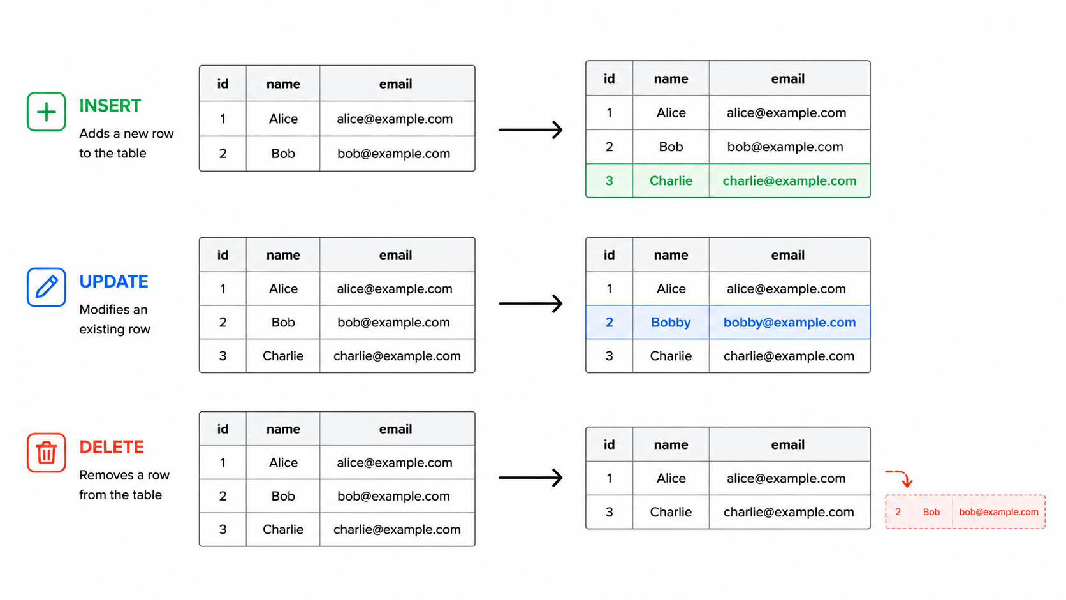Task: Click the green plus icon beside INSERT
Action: [46, 112]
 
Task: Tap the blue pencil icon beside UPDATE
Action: [46, 288]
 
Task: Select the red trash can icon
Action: [46, 453]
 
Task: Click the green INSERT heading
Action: [110, 106]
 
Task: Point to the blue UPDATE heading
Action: [113, 282]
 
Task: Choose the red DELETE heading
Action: [112, 447]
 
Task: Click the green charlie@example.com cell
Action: [789, 181]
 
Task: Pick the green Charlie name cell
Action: [671, 181]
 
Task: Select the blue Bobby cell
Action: [671, 323]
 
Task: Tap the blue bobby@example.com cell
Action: [789, 323]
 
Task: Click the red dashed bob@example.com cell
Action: [998, 512]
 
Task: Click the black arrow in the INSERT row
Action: [530, 130]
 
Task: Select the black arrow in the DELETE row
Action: [530, 478]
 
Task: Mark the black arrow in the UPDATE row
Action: [530, 304]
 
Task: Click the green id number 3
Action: [609, 181]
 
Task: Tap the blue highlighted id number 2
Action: [609, 323]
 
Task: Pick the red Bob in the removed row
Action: [931, 512]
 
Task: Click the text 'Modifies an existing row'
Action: [115, 319]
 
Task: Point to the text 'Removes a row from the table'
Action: [124, 485]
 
